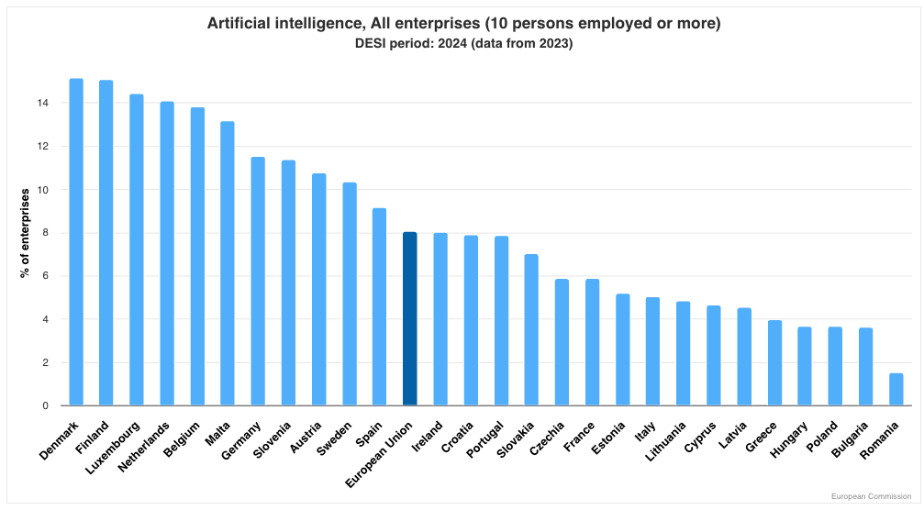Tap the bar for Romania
(896, 389)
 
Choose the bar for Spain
(379, 306)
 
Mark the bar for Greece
(774, 362)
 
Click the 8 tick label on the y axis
(44, 233)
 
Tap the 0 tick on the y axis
(44, 405)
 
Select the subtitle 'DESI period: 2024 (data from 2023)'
(462, 44)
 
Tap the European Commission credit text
(872, 496)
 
